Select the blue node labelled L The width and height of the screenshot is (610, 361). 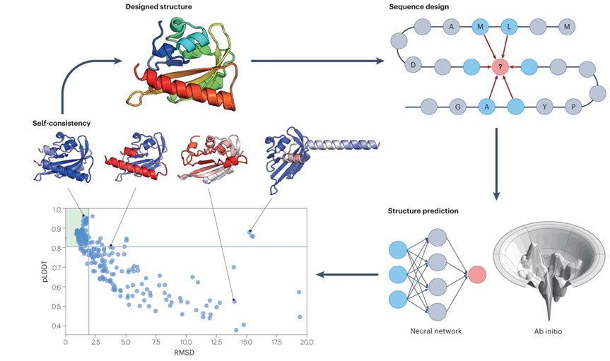509,27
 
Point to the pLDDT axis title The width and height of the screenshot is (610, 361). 45,268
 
